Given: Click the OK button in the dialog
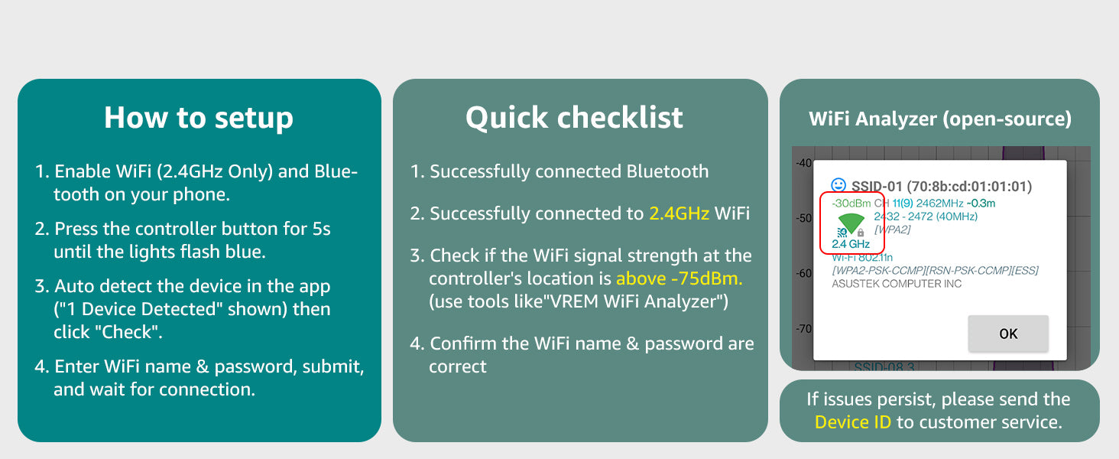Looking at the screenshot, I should (1007, 334).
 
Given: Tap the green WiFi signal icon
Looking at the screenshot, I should (851, 223).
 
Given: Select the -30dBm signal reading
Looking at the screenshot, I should (851, 203).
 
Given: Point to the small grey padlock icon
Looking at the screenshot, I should (861, 233).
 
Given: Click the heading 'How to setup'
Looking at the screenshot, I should (199, 118).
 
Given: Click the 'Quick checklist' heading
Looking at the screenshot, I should (574, 118).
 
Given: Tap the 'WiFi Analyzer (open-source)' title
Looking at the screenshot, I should (939, 119).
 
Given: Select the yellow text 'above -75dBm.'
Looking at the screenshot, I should (679, 278).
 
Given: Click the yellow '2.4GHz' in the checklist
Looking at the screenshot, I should (679, 213).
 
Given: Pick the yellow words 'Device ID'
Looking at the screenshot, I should (852, 422).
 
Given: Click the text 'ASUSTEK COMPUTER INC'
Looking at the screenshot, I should (897, 284).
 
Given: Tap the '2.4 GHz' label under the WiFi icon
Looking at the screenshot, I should (851, 244).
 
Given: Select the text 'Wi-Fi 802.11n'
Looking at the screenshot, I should (862, 258).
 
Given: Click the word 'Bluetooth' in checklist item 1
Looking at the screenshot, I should (667, 171).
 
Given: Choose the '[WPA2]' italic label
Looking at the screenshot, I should (892, 229).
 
